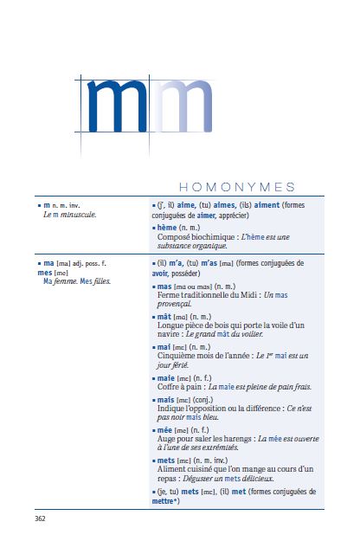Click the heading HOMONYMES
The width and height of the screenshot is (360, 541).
235,187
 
